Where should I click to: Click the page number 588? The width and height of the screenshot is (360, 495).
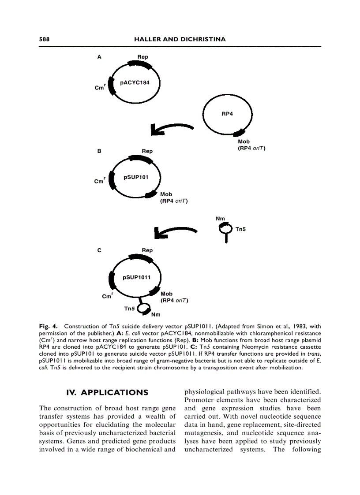(x=44, y=39)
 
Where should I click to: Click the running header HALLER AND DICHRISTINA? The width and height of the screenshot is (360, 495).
(x=180, y=39)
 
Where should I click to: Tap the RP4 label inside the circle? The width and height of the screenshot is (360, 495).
(x=227, y=113)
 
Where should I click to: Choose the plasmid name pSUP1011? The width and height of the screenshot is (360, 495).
(x=137, y=277)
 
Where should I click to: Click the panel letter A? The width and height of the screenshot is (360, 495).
(x=99, y=57)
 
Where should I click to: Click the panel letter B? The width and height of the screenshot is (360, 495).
(x=99, y=151)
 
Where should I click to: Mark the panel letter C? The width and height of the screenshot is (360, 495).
(x=99, y=250)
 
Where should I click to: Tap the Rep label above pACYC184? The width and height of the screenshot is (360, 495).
(x=142, y=57)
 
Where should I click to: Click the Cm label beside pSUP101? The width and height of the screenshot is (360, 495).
(x=99, y=181)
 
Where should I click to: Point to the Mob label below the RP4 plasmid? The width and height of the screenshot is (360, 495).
(x=244, y=141)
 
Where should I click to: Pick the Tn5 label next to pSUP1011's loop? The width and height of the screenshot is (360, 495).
(x=129, y=309)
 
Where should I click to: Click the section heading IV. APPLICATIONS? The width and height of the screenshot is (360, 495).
(x=107, y=392)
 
